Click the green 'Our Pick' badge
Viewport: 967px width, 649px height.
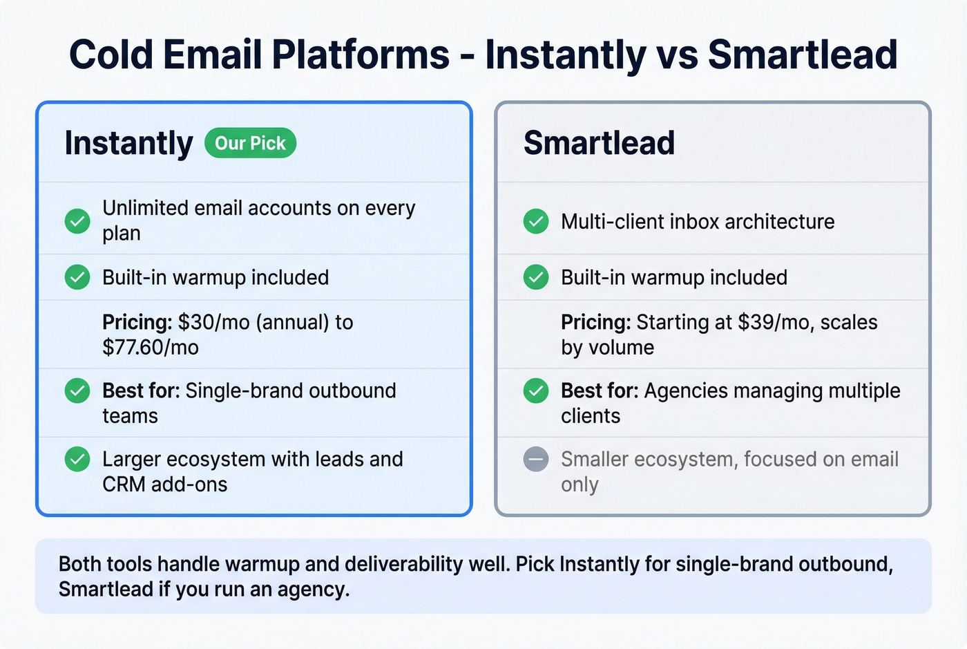point(250,143)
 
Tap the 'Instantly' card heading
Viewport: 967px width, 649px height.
point(128,143)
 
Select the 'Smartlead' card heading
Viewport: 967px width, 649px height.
point(599,143)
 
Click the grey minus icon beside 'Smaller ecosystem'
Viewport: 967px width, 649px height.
point(535,459)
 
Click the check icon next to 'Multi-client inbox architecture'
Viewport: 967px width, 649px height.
point(535,221)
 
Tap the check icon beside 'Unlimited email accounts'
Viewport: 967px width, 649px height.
point(77,220)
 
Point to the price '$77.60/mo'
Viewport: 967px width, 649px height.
point(150,347)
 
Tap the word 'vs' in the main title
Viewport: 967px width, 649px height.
point(676,55)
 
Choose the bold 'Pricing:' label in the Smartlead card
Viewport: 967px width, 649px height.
point(595,322)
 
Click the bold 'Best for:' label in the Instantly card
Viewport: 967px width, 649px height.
point(141,391)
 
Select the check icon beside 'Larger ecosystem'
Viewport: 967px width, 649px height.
point(77,459)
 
